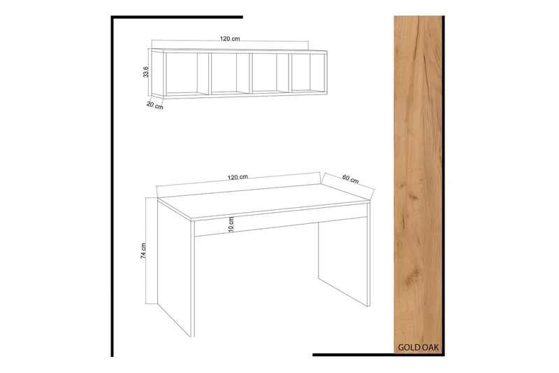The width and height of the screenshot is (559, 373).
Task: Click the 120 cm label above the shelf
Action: point(230,38)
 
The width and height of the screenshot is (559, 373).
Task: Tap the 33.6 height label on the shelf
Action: point(145,72)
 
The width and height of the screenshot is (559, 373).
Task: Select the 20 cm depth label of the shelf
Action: point(154,105)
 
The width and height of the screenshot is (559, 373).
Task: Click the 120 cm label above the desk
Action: point(238,177)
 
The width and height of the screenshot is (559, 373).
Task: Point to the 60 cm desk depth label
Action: point(351,179)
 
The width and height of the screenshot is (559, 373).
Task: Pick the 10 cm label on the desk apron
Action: point(231,225)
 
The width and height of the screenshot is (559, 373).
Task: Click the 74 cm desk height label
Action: point(143,251)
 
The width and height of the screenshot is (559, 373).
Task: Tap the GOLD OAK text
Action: point(418,347)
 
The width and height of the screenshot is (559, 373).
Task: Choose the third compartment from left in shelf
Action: point(270,73)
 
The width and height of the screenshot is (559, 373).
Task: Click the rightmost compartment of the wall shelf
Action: point(308,73)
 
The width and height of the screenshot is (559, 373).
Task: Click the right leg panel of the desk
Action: point(344,266)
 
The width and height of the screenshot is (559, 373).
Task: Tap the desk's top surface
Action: point(263,201)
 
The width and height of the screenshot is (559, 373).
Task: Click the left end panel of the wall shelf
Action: point(157,73)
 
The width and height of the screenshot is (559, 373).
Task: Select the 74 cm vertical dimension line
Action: point(146,251)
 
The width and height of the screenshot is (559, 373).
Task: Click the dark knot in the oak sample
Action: point(414,197)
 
